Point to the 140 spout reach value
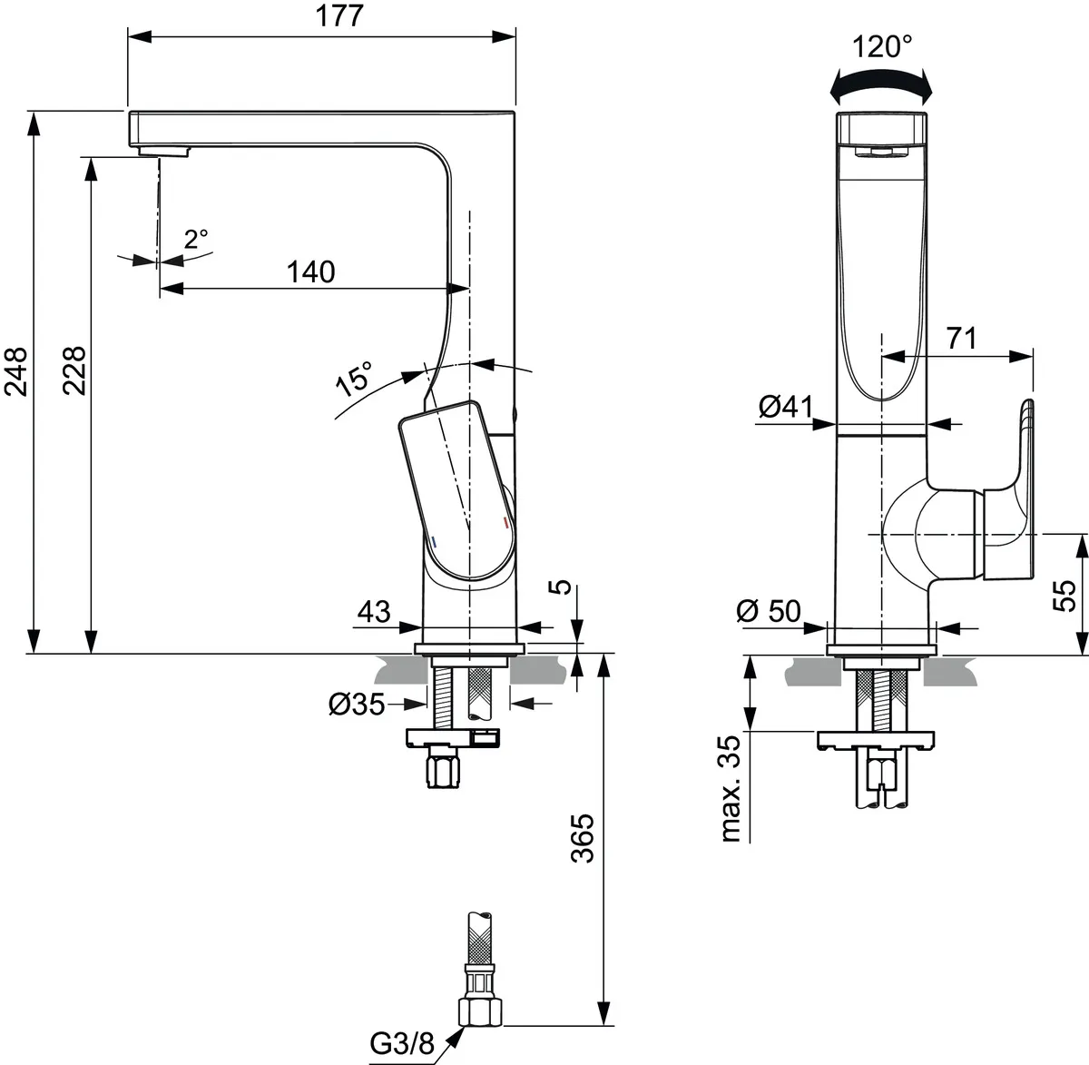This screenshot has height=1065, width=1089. pos(311,271)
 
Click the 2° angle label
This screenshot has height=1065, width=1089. pos(196,240)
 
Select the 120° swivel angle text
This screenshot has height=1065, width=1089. pos(882,45)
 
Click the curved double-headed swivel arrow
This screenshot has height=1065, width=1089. pos(881,84)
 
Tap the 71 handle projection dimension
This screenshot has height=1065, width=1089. pos(961,339)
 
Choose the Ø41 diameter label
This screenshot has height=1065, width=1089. pos(786,408)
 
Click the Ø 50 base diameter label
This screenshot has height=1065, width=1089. pos(769,611)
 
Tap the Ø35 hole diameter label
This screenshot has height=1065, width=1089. pos(357,704)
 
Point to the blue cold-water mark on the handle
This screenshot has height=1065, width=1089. pos(435,541)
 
